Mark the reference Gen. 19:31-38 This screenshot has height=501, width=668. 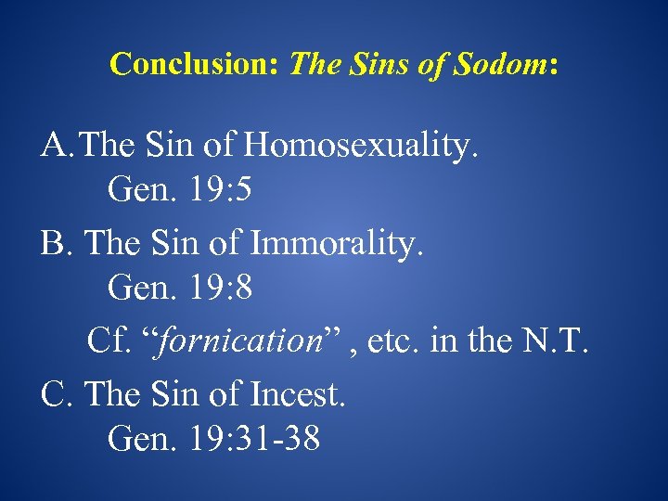point(214,439)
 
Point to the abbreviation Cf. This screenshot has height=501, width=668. point(108,340)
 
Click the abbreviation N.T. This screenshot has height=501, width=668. point(556,340)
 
